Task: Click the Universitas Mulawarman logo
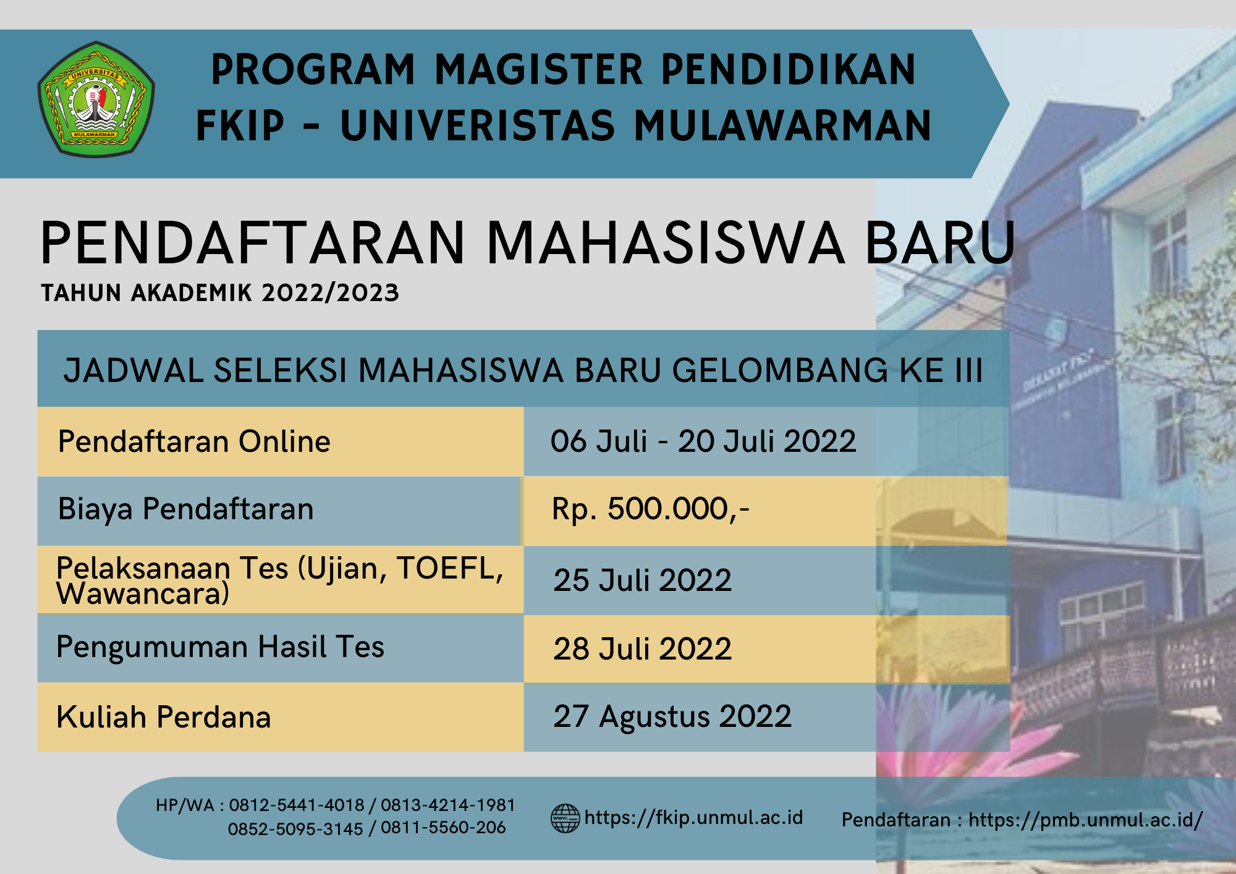(96, 99)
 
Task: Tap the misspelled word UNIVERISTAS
(478, 125)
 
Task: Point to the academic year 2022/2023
(331, 293)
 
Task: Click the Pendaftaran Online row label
(194, 441)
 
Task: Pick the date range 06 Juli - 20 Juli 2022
(703, 441)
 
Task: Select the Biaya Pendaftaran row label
(186, 509)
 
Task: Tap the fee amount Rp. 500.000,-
(651, 509)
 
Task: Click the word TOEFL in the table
(449, 568)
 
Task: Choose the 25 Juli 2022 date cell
(642, 580)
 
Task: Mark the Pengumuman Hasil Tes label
(220, 647)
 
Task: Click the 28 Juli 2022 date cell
(642, 649)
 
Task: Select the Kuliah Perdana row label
(164, 717)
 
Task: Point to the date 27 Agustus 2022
(672, 717)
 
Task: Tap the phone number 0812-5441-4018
(297, 805)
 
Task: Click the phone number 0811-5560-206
(443, 828)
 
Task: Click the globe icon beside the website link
(565, 818)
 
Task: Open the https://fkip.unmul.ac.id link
(693, 818)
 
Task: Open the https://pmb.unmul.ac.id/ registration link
(1085, 820)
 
